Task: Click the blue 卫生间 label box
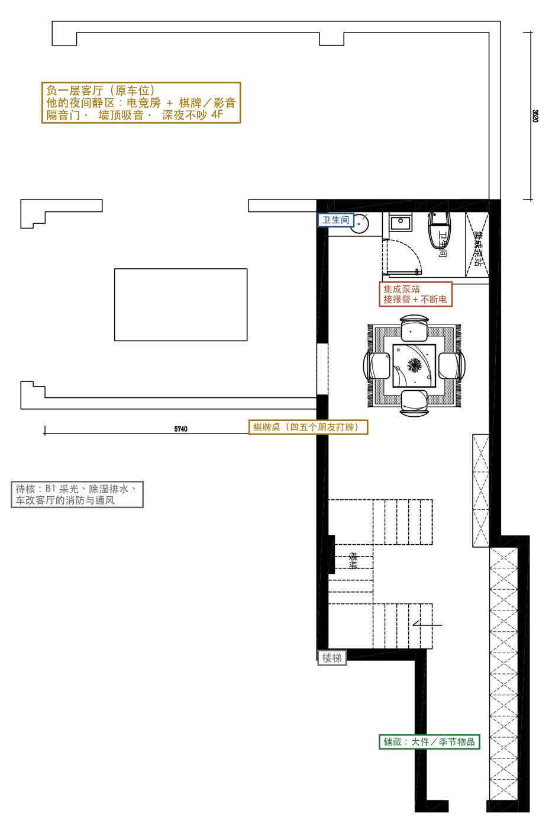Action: tap(335, 220)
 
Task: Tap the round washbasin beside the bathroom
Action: tap(360, 223)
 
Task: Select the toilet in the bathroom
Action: tap(439, 230)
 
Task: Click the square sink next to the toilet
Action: tap(401, 223)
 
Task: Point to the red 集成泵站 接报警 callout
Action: tap(415, 294)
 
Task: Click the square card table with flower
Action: tap(414, 366)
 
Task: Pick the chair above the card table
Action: tap(414, 327)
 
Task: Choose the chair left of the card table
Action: tap(376, 366)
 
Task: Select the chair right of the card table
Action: tap(452, 366)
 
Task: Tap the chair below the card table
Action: tap(414, 403)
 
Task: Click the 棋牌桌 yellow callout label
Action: tap(308, 427)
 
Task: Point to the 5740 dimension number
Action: tap(181, 429)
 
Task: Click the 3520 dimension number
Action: tap(535, 116)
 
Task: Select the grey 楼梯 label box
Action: tap(332, 658)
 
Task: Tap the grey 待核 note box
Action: tap(77, 494)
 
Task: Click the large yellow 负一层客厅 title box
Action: tap(141, 102)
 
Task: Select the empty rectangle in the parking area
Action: tap(181, 304)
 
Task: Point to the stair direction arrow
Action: tap(427, 625)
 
